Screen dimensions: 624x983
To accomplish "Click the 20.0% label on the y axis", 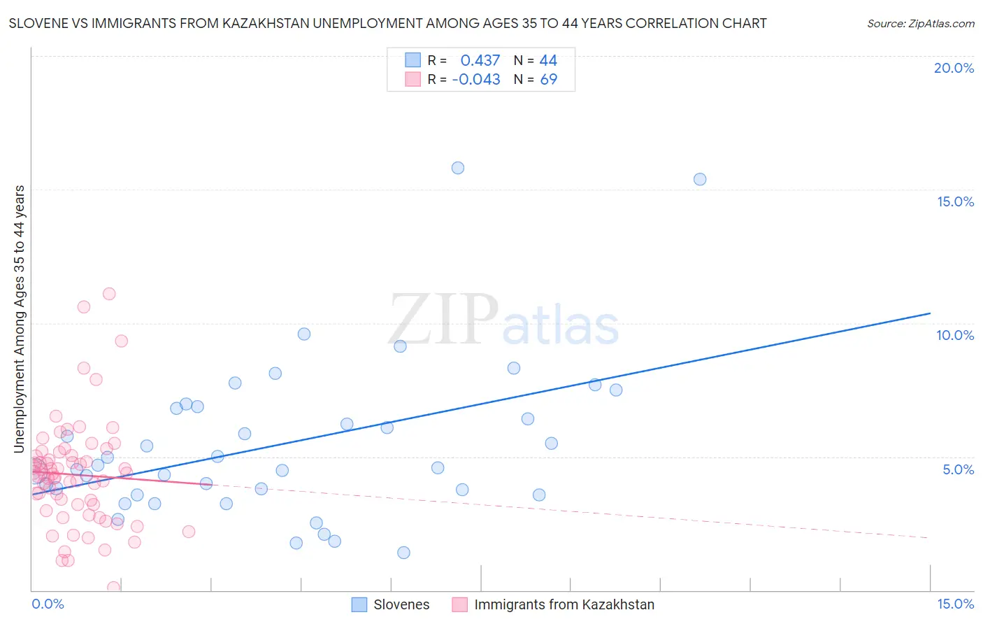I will [x=954, y=68].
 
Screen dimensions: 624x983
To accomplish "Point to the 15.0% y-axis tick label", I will [x=955, y=201].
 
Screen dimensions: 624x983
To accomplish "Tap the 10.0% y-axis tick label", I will [x=955, y=335].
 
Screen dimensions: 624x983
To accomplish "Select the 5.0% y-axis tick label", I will [x=958, y=469].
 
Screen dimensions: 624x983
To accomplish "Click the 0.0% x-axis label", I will [x=48, y=604].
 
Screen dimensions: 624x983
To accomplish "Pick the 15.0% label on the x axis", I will [x=955, y=604].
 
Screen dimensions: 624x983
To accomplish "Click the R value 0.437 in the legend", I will [x=480, y=61].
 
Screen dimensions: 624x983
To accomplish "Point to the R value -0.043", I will [x=476, y=80].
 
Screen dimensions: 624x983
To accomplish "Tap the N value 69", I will [x=548, y=80].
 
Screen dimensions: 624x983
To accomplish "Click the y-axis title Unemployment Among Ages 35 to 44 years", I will [x=20, y=319].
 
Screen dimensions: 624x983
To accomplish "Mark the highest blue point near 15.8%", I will [x=458, y=168].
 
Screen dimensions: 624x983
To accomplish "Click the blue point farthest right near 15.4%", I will [x=700, y=179].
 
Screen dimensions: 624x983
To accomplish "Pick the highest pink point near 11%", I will [x=109, y=294].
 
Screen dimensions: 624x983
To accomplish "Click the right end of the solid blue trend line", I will [x=930, y=313].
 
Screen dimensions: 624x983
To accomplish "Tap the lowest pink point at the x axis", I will [x=113, y=588].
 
